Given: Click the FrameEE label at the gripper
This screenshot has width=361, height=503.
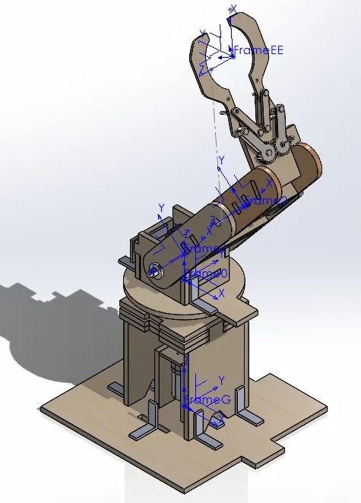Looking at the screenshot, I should coord(258,50).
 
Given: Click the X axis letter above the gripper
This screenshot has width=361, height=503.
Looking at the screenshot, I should coord(233,8).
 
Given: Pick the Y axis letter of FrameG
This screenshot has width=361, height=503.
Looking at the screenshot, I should coord(221,379).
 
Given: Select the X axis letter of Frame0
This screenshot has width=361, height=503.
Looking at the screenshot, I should coord(221,292).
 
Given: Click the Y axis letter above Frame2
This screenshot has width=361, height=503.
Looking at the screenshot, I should coord(221,160).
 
